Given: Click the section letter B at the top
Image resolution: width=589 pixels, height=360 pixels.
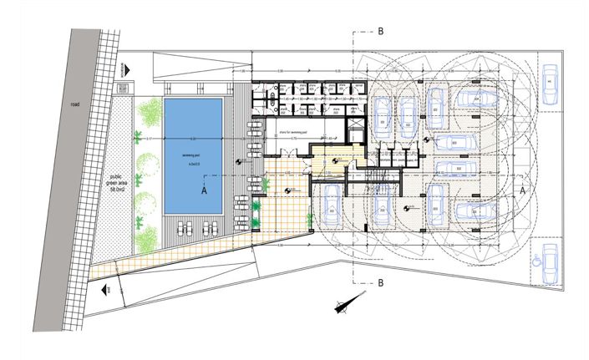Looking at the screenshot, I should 380,32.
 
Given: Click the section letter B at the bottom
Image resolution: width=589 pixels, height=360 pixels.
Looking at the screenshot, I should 380,282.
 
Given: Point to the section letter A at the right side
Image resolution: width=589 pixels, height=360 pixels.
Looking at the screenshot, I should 523,190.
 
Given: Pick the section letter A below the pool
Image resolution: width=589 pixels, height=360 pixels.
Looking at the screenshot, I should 203,190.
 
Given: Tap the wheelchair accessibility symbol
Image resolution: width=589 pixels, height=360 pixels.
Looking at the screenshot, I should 536,259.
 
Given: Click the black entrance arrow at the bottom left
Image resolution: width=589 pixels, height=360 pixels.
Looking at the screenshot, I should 108,289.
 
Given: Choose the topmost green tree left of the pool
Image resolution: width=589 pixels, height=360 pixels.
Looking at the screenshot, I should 150,113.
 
